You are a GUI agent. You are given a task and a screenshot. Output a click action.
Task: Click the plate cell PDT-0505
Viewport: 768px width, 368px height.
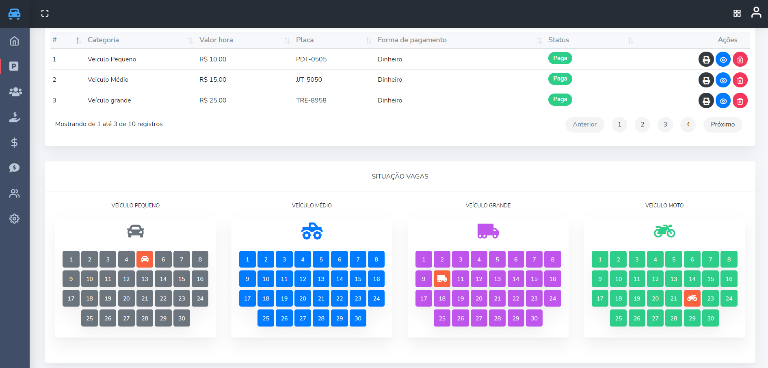(x=311, y=59)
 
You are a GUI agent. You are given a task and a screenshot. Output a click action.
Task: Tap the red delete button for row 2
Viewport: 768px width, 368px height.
(x=740, y=80)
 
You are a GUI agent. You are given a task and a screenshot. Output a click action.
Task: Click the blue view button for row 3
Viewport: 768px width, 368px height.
(x=723, y=101)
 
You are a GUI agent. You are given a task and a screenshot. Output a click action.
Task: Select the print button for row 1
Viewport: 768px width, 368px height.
(x=706, y=59)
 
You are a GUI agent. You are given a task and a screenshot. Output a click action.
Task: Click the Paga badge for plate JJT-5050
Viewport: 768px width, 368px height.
(x=560, y=79)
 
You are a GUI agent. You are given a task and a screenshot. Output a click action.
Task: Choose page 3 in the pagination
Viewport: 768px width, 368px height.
(x=665, y=124)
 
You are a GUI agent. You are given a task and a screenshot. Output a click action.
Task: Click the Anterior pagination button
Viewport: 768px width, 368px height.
(x=584, y=124)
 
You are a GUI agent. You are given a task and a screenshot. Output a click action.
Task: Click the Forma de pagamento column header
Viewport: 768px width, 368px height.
(x=412, y=40)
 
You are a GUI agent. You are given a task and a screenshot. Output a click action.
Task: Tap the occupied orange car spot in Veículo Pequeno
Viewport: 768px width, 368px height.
(x=145, y=259)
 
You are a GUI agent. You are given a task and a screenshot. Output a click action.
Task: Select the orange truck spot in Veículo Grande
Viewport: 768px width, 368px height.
(x=442, y=279)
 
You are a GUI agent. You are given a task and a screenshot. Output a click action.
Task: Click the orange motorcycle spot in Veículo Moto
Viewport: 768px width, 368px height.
(x=692, y=298)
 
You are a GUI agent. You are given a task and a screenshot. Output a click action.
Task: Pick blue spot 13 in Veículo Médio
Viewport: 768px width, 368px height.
(x=321, y=279)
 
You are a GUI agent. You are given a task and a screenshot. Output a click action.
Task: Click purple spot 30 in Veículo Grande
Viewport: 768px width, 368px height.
(x=534, y=318)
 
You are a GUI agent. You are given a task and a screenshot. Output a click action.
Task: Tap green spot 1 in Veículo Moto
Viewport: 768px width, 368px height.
(x=600, y=259)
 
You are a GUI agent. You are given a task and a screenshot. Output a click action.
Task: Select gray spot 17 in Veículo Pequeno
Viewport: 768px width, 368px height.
(x=71, y=298)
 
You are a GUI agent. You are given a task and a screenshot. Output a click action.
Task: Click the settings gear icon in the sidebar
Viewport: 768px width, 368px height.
(x=14, y=219)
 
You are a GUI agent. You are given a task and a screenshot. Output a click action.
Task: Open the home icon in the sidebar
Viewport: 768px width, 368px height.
(x=14, y=41)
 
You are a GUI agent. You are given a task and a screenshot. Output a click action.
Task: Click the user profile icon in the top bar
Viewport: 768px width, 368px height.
(x=756, y=13)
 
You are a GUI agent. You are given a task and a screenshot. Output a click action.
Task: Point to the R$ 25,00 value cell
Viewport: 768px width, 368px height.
(x=213, y=100)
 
